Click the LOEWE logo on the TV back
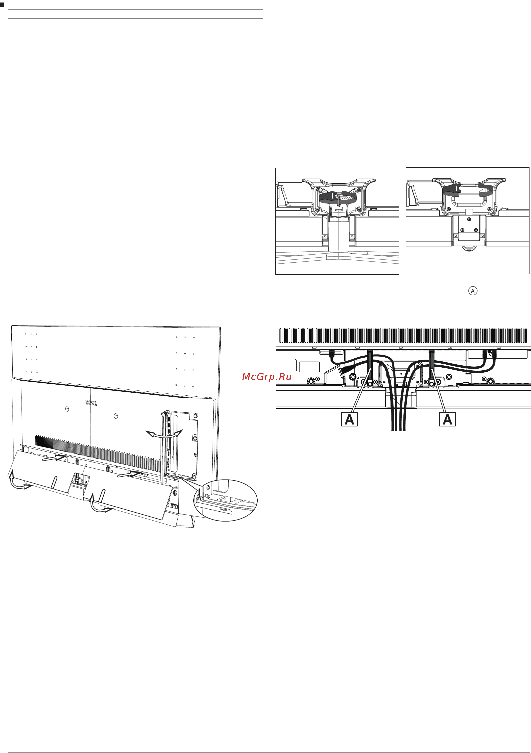tap(91, 403)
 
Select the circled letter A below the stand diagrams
tap(473, 291)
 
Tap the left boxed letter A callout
tap(349, 419)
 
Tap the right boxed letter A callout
tap(447, 419)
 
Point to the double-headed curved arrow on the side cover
tap(164, 434)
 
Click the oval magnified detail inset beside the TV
tap(226, 500)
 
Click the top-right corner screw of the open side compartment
tap(196, 416)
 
